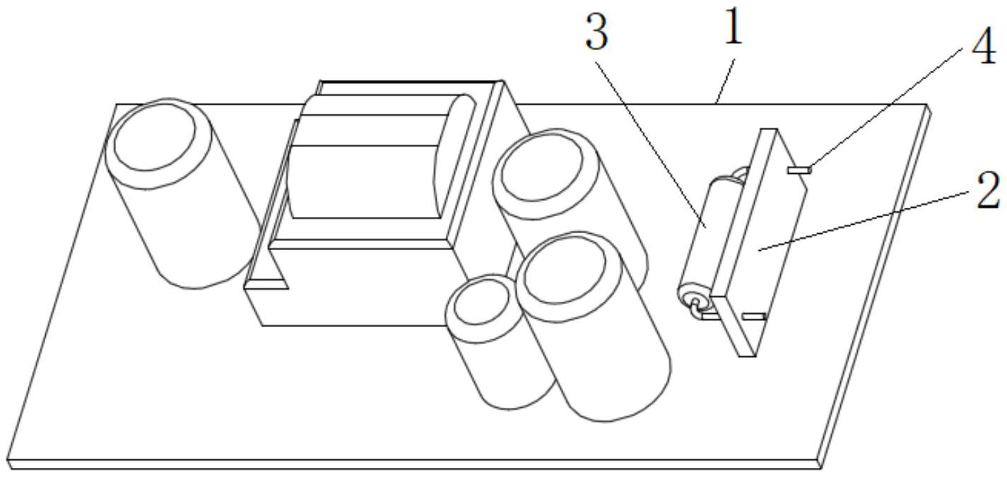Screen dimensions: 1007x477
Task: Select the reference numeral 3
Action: (x=597, y=34)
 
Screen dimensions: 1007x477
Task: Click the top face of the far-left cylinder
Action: (x=155, y=137)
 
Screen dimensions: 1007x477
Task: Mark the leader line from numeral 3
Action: (x=650, y=141)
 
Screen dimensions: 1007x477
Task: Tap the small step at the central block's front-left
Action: (x=266, y=283)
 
